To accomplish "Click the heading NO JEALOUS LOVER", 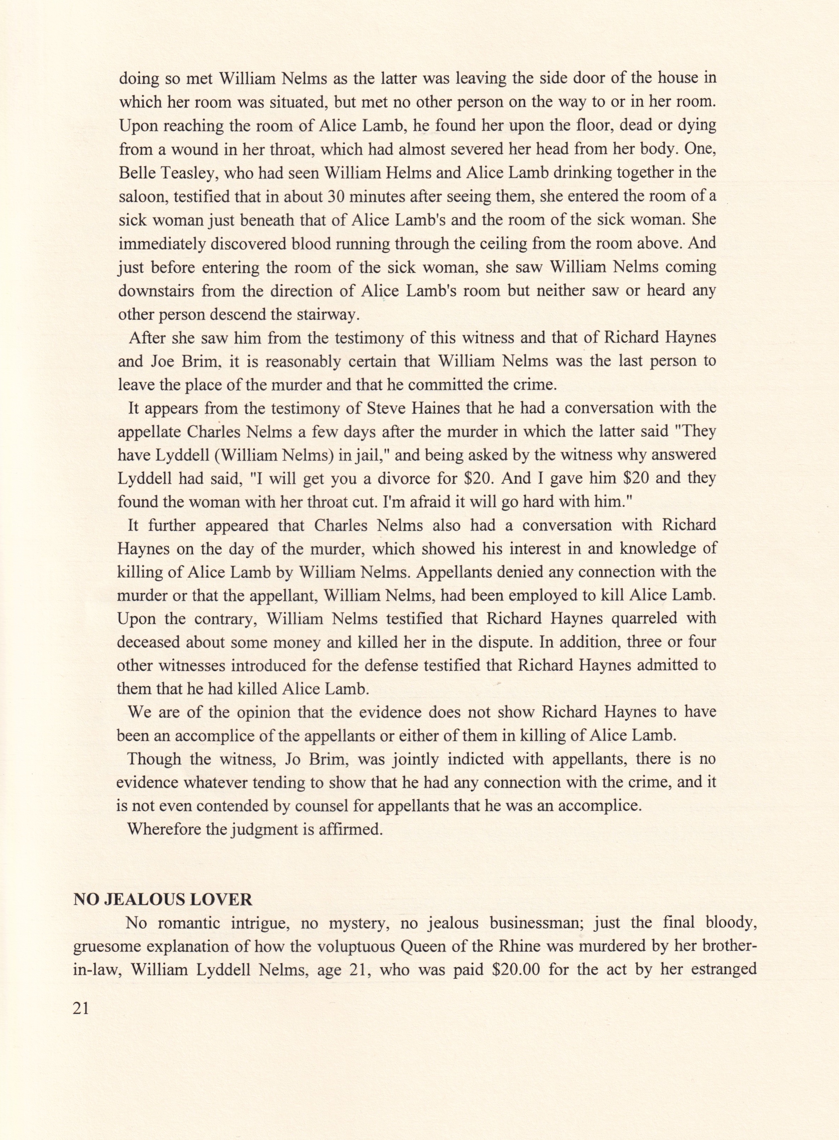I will tap(163, 900).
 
